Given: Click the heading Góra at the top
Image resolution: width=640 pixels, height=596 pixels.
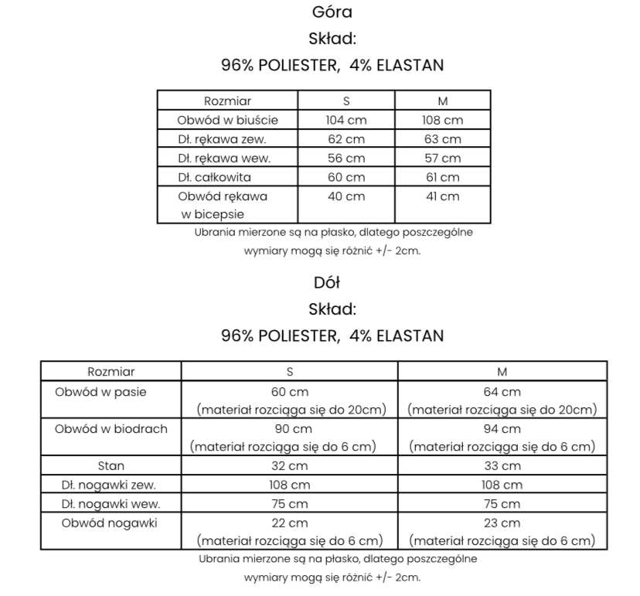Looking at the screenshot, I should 332,12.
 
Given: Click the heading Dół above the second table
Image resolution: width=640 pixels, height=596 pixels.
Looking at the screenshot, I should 332,282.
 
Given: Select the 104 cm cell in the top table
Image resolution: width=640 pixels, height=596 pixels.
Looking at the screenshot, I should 346,120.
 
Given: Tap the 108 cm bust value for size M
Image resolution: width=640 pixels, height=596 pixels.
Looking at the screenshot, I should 442,120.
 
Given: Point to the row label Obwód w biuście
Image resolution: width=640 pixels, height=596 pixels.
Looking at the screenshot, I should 227,120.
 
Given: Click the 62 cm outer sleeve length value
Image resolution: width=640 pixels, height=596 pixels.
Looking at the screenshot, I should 346,139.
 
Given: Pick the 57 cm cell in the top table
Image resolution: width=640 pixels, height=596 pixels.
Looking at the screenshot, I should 442,158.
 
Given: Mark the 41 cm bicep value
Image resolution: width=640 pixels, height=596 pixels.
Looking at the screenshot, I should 442,196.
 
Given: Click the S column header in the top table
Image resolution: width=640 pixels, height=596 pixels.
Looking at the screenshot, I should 346,101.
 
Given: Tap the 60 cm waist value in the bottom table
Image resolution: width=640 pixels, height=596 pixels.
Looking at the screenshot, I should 290,392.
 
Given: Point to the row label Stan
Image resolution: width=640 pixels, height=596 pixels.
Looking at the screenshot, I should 111,466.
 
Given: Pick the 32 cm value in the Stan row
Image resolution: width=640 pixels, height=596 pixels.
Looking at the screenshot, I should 290,466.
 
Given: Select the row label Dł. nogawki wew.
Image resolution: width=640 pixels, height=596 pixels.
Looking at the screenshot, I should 111,504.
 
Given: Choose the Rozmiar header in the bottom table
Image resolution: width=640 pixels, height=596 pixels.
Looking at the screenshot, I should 111,372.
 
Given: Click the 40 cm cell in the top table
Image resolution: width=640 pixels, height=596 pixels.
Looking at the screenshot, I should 346,196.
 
